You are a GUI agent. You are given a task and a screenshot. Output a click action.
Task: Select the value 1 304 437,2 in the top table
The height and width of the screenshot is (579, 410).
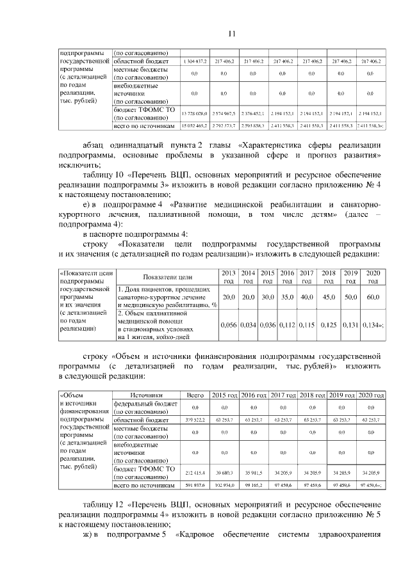pos(194,61)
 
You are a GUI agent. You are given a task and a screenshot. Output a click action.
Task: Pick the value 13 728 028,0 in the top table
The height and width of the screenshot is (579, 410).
pos(194,112)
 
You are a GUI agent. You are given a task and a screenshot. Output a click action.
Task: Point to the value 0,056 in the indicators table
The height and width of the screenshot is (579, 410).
pos(227,326)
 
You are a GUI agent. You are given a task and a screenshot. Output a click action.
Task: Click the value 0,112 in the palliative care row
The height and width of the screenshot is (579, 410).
pos(287,326)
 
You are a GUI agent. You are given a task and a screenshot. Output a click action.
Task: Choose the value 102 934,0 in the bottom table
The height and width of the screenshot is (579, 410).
pos(224,486)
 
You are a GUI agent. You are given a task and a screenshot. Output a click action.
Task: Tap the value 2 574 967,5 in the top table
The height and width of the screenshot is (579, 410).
pos(224,112)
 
